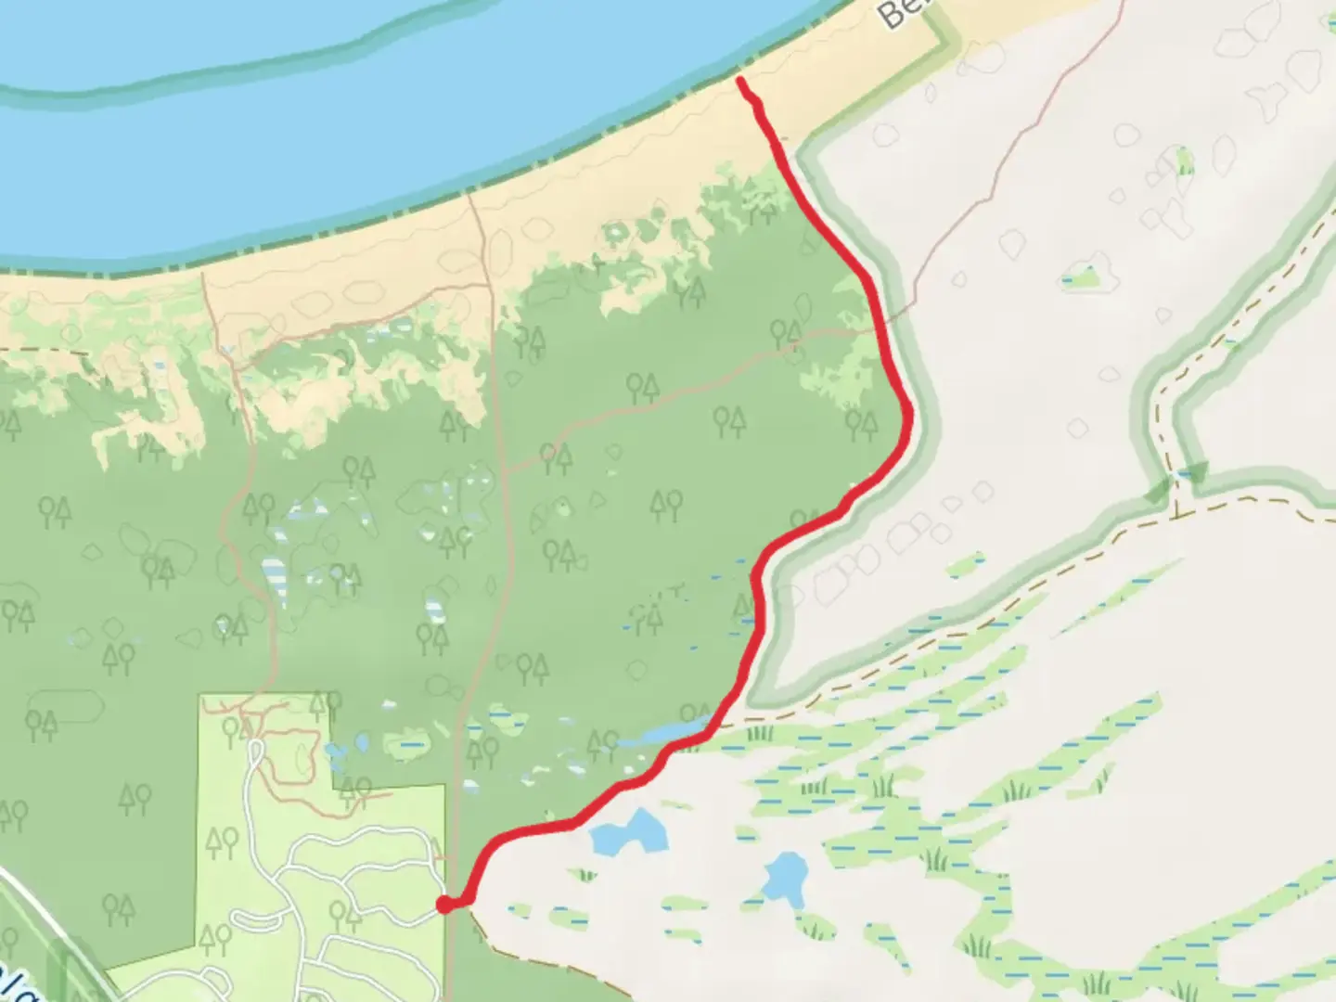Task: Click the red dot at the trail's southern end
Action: click(x=446, y=904)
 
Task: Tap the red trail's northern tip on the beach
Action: click(x=740, y=82)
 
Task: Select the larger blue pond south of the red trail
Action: click(x=630, y=833)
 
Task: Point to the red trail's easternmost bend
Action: click(x=908, y=416)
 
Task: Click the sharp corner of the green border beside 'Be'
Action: click(x=948, y=37)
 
